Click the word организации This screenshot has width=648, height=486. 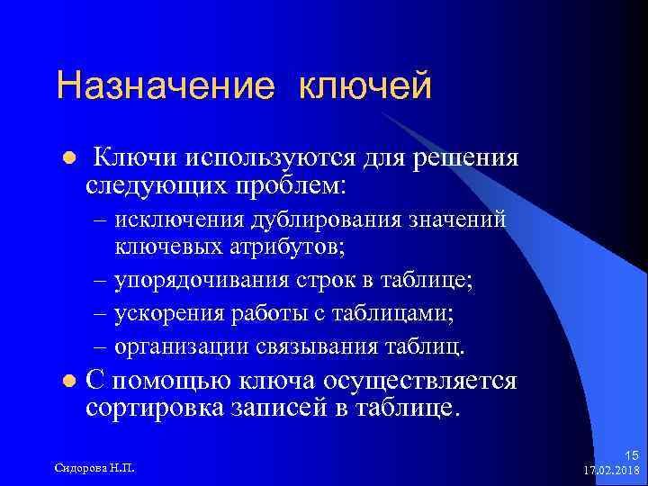176,346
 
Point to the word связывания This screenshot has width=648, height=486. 296,346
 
